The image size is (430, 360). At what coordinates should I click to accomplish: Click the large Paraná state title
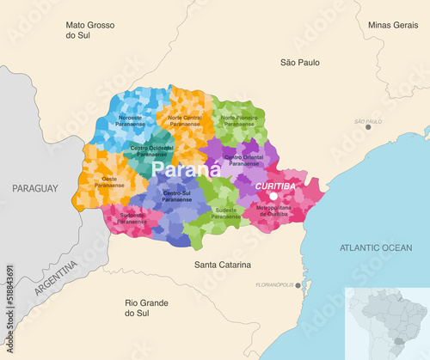186,170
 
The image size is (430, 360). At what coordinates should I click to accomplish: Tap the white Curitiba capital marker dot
273,197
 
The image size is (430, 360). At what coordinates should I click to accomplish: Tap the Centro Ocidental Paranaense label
151,151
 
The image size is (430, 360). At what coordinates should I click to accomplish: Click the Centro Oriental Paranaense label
244,160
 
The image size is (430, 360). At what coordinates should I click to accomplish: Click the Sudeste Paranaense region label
225,214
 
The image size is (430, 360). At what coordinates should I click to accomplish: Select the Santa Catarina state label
222,265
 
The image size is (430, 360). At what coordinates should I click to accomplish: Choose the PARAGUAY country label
34,187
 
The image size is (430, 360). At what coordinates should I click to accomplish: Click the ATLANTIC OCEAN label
375,247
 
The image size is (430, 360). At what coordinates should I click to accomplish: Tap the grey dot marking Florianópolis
298,284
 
